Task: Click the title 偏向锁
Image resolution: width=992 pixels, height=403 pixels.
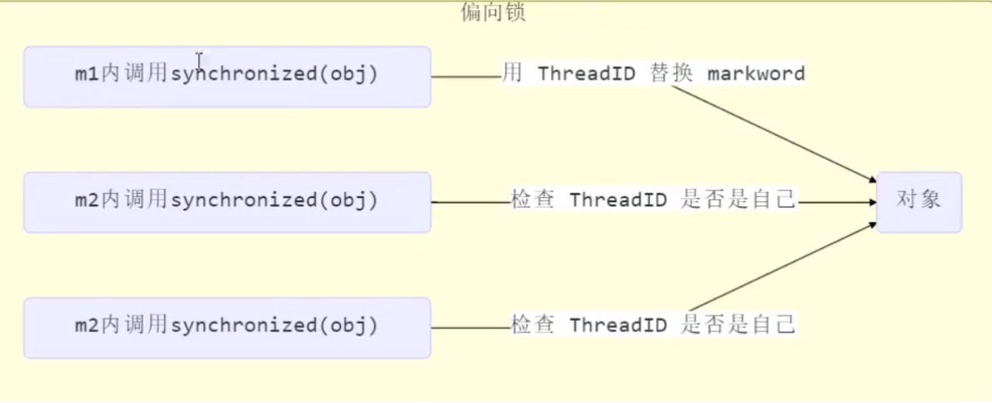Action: pos(493,12)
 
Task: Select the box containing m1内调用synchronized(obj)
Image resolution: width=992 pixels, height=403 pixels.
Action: pos(227,77)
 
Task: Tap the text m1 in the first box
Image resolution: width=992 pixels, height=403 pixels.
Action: pos(86,74)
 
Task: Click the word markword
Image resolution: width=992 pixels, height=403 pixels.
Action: pos(756,74)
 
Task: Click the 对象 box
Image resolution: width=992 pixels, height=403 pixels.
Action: pos(919,201)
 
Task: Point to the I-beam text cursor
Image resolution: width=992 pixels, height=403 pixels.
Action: pos(199,59)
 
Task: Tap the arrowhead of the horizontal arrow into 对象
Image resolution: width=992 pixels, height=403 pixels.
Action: pos(870,201)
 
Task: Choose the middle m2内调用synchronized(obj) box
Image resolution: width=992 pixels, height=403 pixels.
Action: pos(227,201)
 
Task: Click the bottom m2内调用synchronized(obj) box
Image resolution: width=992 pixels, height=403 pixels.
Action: pos(227,327)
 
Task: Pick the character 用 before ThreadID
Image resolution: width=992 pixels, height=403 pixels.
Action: pos(512,74)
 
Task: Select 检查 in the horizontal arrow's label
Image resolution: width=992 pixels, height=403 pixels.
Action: pos(533,201)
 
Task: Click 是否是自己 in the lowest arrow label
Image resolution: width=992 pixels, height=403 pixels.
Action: pos(738,325)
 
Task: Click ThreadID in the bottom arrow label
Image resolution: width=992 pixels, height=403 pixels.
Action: pos(619,325)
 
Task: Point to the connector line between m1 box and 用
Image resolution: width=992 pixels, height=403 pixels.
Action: pos(465,77)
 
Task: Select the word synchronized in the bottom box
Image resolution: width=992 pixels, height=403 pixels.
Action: pos(243,325)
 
